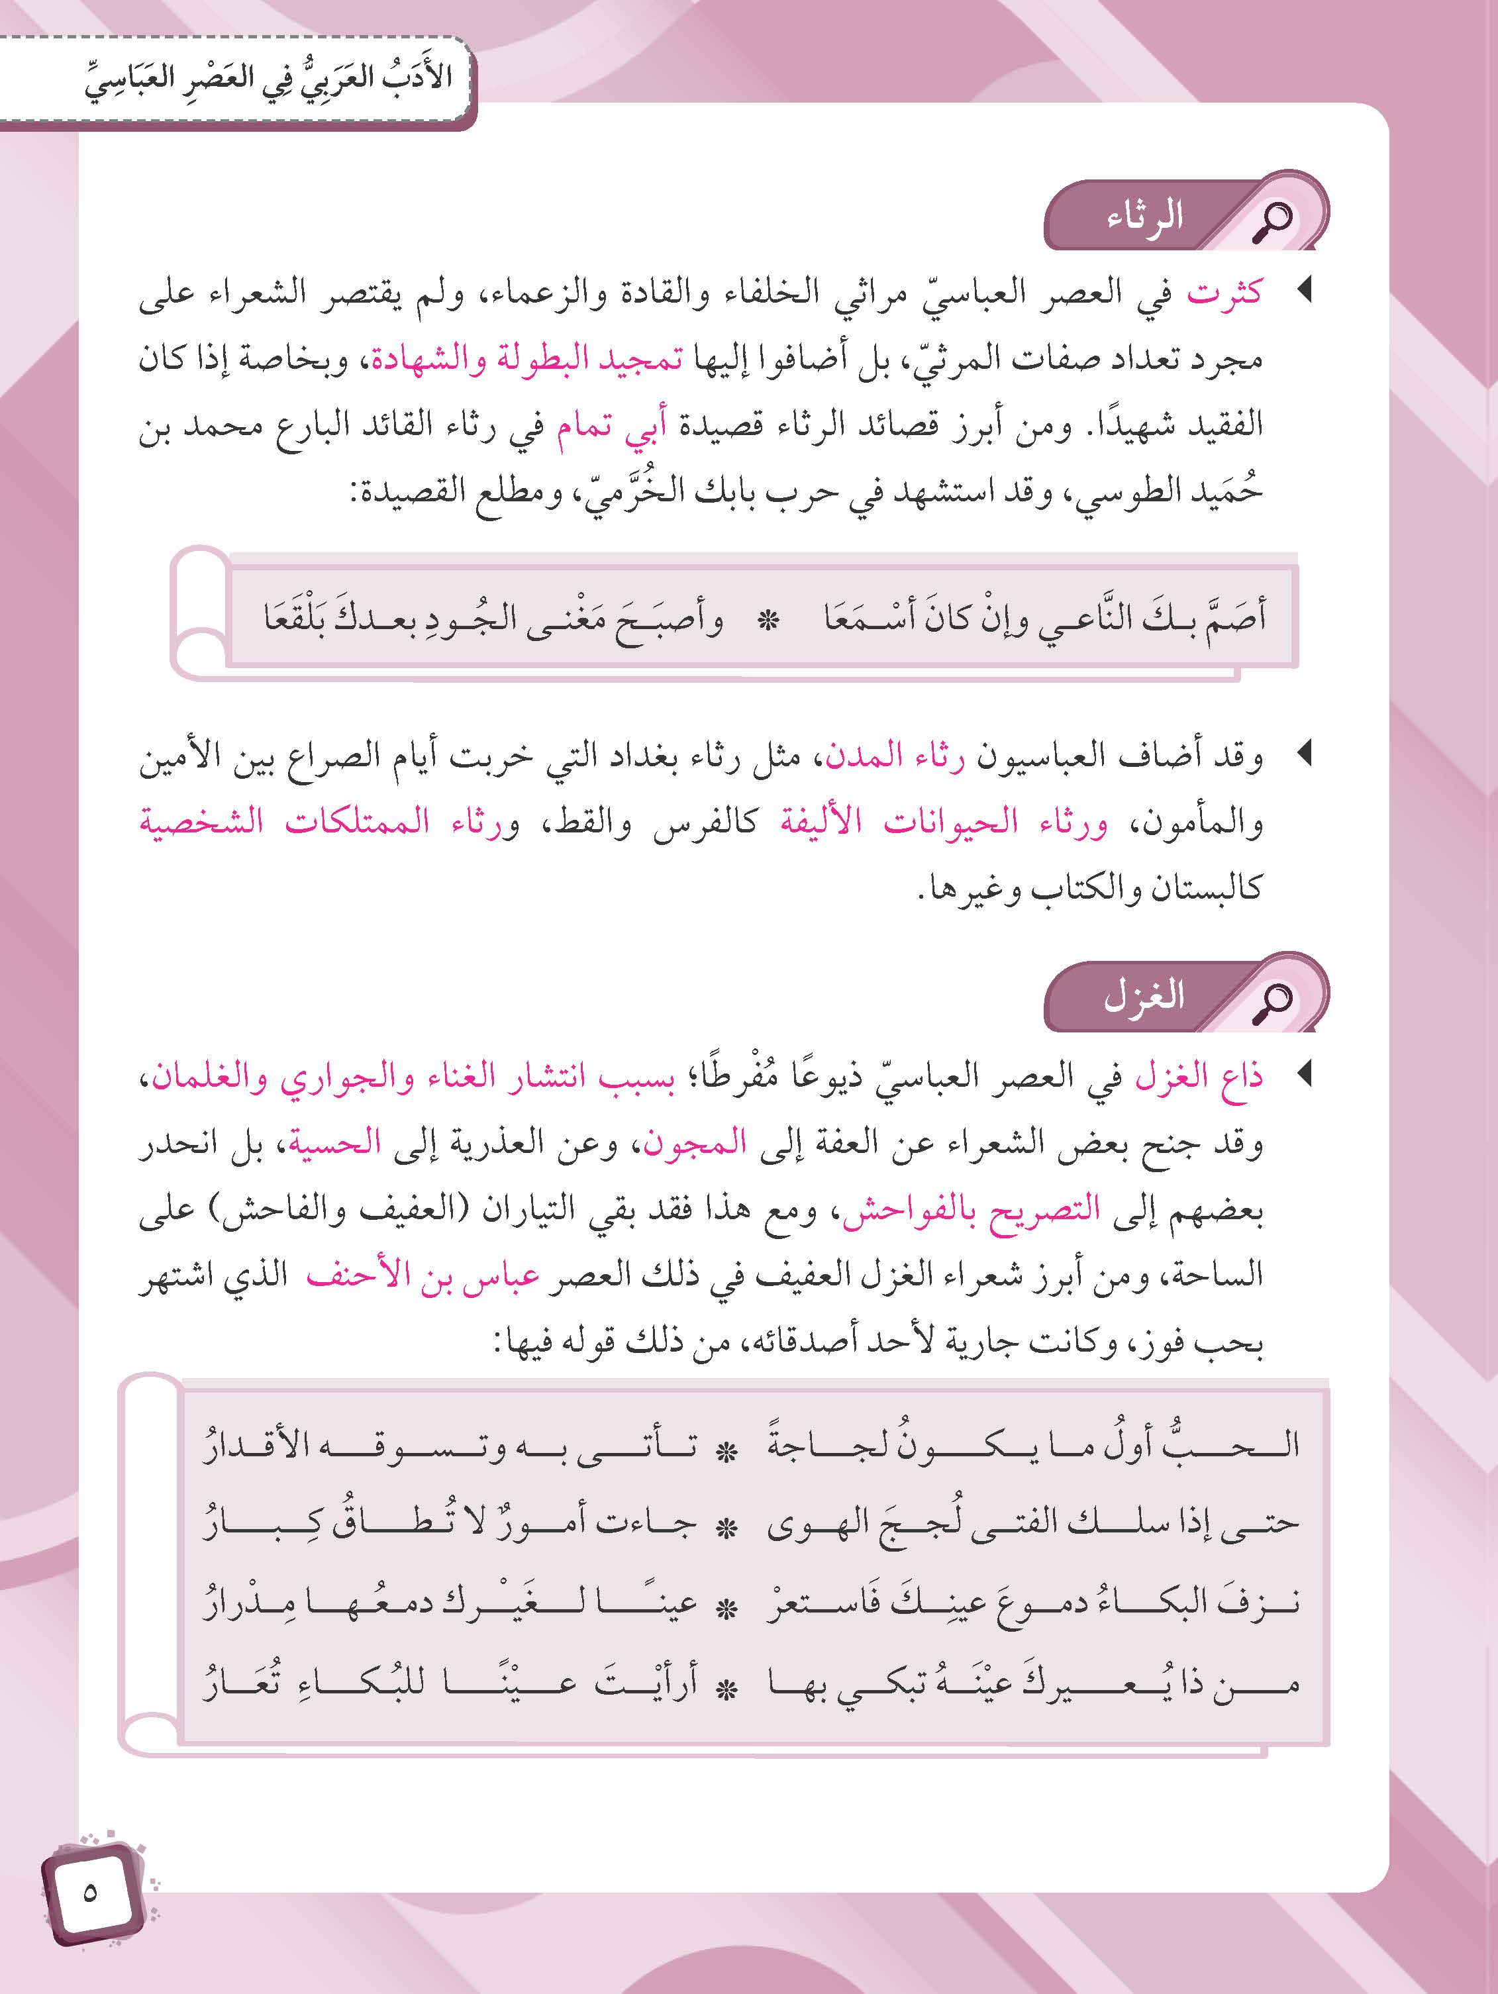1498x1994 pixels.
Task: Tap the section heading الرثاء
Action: pos(1144,218)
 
